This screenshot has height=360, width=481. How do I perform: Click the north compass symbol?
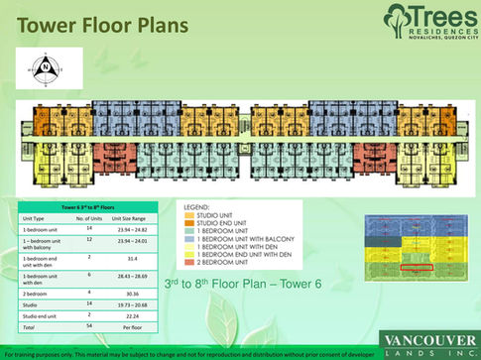click(43, 69)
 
